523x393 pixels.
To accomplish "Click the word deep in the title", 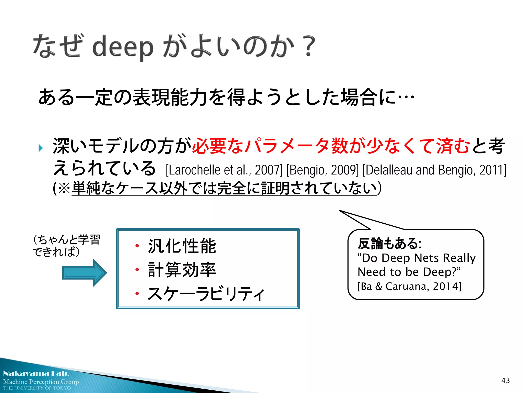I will (123, 48).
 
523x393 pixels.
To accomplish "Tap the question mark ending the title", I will (308, 46).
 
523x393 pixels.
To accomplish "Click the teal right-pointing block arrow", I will (85, 273).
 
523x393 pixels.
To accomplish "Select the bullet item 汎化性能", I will (182, 246).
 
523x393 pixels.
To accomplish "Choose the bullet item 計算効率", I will (182, 270).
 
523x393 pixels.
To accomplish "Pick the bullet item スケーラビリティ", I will (206, 293).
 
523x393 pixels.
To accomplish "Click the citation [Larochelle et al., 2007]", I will (224, 170).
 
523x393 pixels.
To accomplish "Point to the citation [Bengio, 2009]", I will (323, 170).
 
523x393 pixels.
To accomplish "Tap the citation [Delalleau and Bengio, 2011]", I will (434, 170).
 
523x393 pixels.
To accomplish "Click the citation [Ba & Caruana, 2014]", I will (409, 286).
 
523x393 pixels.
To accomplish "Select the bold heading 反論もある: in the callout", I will (389, 243).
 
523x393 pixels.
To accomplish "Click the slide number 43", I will (505, 380).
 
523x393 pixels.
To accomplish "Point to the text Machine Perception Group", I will (41, 382).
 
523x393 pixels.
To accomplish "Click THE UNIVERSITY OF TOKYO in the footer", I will (37, 388).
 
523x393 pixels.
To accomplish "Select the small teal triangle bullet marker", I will (41, 148).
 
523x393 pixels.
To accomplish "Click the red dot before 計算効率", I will (137, 269).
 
